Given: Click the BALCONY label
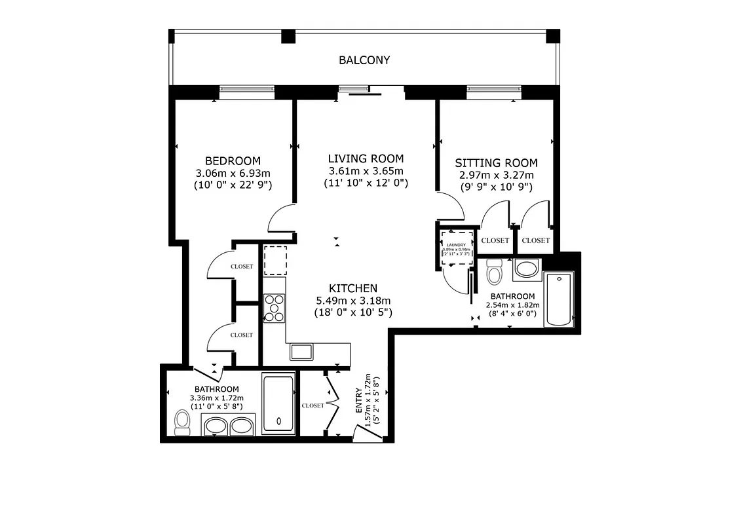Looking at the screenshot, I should coord(364,60).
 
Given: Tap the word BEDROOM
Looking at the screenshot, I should coord(233,161).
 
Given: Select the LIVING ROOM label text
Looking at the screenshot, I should coord(366,159).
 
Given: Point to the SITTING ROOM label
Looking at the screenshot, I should coord(496,163).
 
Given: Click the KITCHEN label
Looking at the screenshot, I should coord(352,288).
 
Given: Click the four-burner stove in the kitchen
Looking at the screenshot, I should coord(274,308).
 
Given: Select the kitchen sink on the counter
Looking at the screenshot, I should coord(302,352).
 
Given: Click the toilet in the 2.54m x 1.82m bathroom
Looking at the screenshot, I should coord(495,272).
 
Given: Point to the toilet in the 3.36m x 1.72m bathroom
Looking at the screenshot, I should coord(181,422).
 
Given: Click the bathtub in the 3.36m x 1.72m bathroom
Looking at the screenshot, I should coord(278,403).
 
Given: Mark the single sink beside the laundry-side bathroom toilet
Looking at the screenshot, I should coord(526,269).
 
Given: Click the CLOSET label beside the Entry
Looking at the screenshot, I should coord(313,405).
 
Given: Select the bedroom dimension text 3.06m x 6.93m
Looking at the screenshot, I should coord(233,174).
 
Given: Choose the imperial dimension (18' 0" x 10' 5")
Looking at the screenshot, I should coord(352,312).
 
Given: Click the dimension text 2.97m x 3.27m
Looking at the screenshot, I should coord(496,175).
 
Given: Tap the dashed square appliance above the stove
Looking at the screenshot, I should coord(275,260).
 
